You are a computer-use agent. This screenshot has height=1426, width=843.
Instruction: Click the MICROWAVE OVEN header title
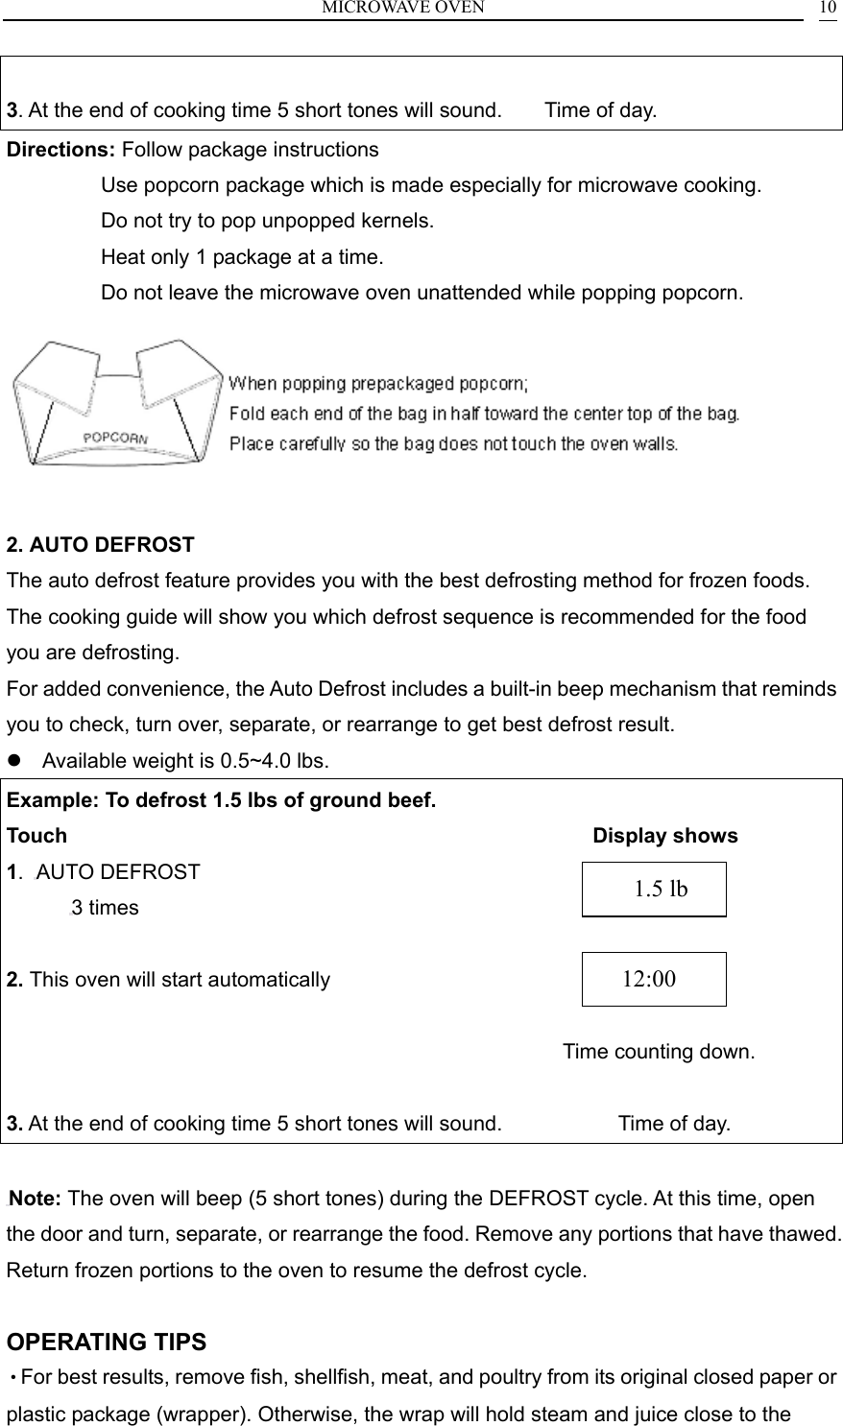click(x=402, y=8)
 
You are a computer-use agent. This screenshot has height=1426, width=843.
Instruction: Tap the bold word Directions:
click(x=61, y=151)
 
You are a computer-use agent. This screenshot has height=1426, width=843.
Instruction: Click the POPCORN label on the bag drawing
click(x=116, y=437)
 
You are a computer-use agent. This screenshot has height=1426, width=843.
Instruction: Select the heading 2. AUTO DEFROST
click(x=101, y=545)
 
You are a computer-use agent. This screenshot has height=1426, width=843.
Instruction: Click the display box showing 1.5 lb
click(x=654, y=890)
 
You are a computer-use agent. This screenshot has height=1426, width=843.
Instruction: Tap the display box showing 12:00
click(x=654, y=979)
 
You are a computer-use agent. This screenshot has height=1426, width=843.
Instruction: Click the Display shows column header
click(x=665, y=836)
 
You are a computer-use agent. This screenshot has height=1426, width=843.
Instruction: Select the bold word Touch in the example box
click(x=37, y=836)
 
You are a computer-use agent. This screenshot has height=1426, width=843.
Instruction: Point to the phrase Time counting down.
click(x=658, y=1052)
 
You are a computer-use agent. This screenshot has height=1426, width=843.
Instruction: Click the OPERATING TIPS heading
click(x=107, y=1341)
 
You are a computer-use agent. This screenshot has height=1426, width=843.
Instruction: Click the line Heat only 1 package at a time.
click(x=242, y=257)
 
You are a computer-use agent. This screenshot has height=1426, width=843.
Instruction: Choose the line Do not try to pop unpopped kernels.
click(x=267, y=221)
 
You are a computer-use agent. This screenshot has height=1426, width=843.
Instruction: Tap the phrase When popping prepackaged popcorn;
click(x=378, y=384)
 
